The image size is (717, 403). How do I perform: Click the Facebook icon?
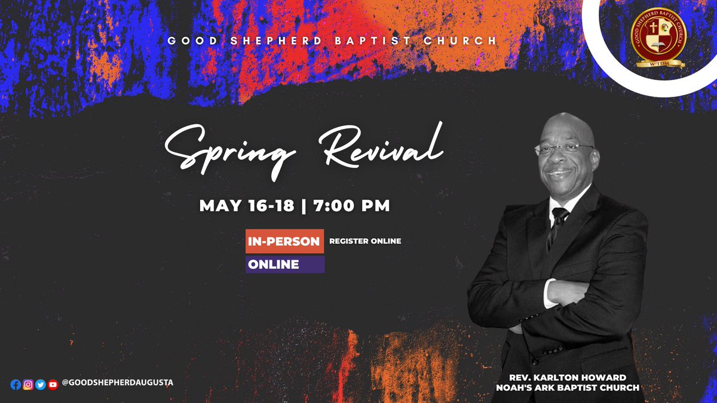(16, 384)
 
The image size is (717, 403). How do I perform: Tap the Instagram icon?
(28, 384)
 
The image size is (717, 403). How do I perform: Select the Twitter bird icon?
(41, 384)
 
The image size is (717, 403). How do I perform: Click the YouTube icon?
(53, 384)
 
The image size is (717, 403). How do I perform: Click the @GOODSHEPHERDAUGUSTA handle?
(117, 383)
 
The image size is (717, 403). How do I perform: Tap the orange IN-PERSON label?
(284, 241)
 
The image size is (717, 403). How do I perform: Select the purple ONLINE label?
(284, 264)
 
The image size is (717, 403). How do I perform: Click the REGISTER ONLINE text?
(365, 241)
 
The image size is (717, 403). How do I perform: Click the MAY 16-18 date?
(247, 206)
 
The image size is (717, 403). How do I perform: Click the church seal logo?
(659, 37)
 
